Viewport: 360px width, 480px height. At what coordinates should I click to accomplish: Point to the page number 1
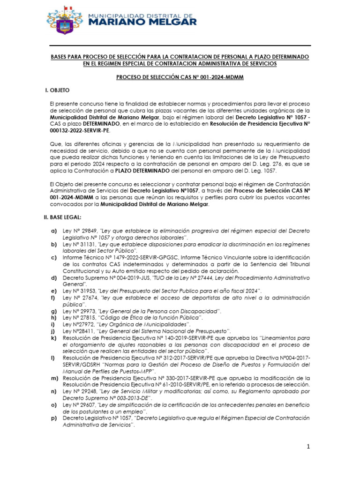point(309,447)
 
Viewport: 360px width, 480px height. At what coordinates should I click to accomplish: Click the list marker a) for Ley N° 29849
point(54,232)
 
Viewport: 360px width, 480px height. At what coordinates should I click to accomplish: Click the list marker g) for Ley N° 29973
point(54,311)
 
